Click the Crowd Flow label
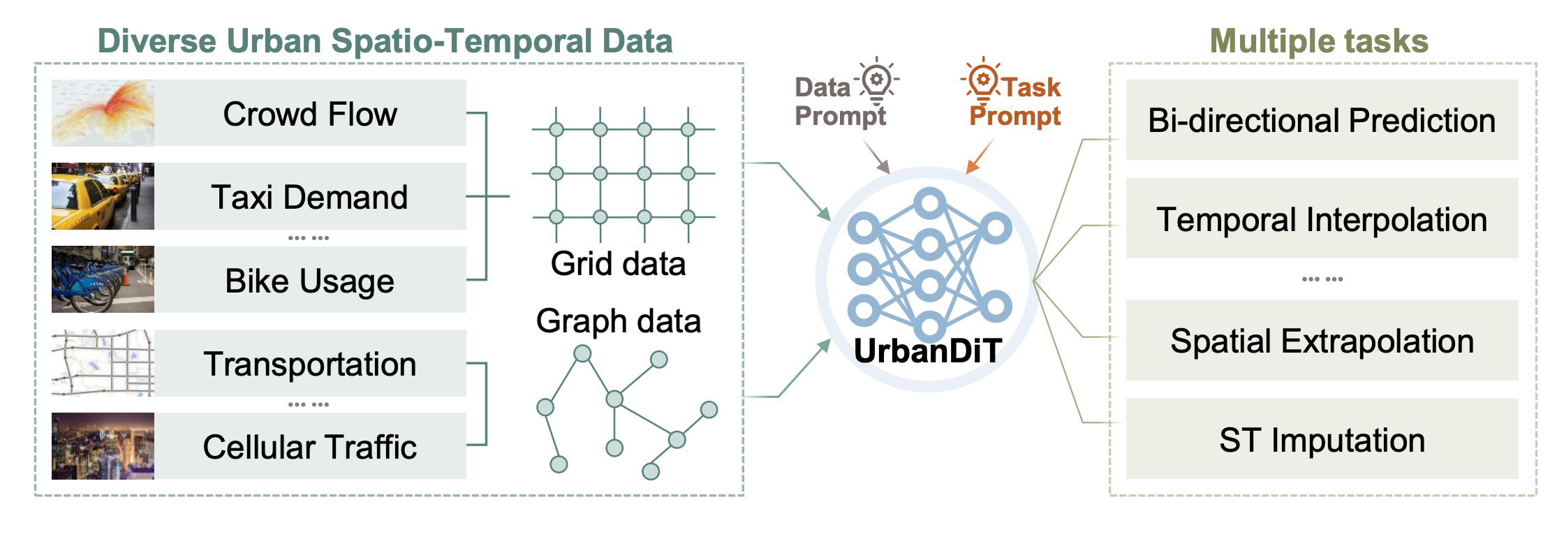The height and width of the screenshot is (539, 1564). click(x=310, y=114)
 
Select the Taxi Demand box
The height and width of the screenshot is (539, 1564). click(x=310, y=197)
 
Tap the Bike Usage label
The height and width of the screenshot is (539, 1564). click(x=310, y=281)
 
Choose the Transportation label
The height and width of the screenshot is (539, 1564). click(x=310, y=364)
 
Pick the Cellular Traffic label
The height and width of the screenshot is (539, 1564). click(x=310, y=447)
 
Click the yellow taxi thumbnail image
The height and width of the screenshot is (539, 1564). click(x=103, y=196)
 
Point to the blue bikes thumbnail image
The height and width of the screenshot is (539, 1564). click(x=103, y=279)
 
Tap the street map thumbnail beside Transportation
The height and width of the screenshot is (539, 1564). click(x=103, y=363)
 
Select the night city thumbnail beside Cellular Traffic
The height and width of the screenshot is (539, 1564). click(x=103, y=446)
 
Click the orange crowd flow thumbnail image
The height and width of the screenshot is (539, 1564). click(x=103, y=113)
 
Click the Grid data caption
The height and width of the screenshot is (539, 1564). click(x=618, y=264)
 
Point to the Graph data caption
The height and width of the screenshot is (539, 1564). click(x=618, y=321)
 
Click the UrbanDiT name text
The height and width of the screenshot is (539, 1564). click(x=928, y=350)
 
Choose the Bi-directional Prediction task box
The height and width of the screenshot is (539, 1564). click(x=1322, y=120)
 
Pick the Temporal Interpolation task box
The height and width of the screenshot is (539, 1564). click(x=1322, y=219)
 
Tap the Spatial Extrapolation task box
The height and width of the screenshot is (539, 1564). click(x=1322, y=341)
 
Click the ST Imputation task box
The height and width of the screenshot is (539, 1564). click(x=1322, y=440)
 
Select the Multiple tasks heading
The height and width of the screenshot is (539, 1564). click(x=1319, y=40)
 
